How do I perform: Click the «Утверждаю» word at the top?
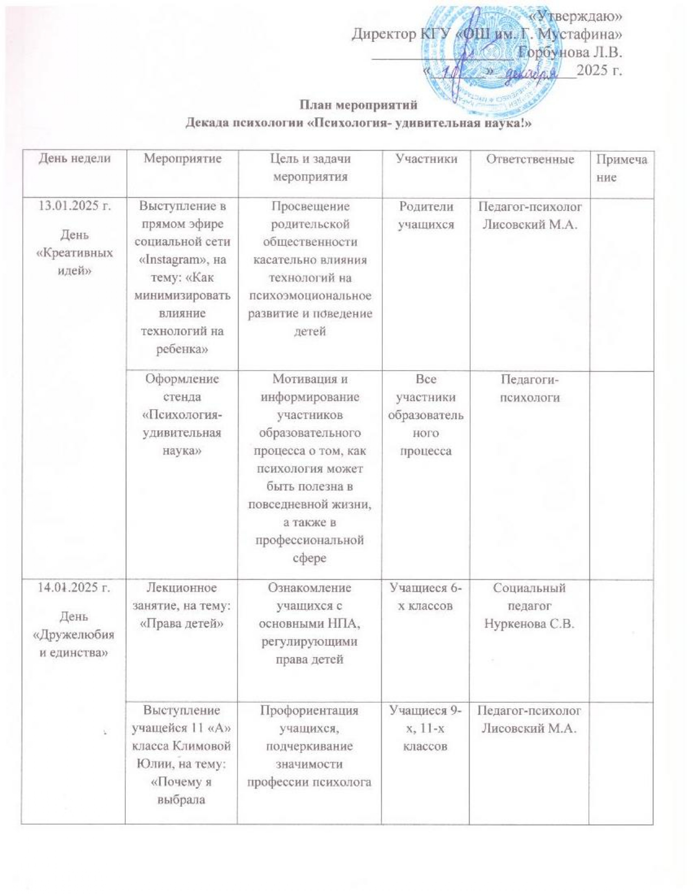(x=576, y=16)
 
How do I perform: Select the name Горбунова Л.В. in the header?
(x=569, y=53)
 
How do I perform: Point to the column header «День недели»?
(x=74, y=158)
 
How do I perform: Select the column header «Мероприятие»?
(x=182, y=158)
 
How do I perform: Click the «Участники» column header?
(x=426, y=158)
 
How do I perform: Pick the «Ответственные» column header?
(x=530, y=159)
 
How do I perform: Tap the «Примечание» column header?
(x=621, y=168)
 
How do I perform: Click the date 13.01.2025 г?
(x=74, y=206)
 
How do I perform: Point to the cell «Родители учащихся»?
(x=426, y=215)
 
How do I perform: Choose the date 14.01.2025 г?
(x=74, y=588)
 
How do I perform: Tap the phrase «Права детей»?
(x=182, y=624)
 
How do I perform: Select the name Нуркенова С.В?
(x=529, y=624)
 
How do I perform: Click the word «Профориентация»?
(x=310, y=710)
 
